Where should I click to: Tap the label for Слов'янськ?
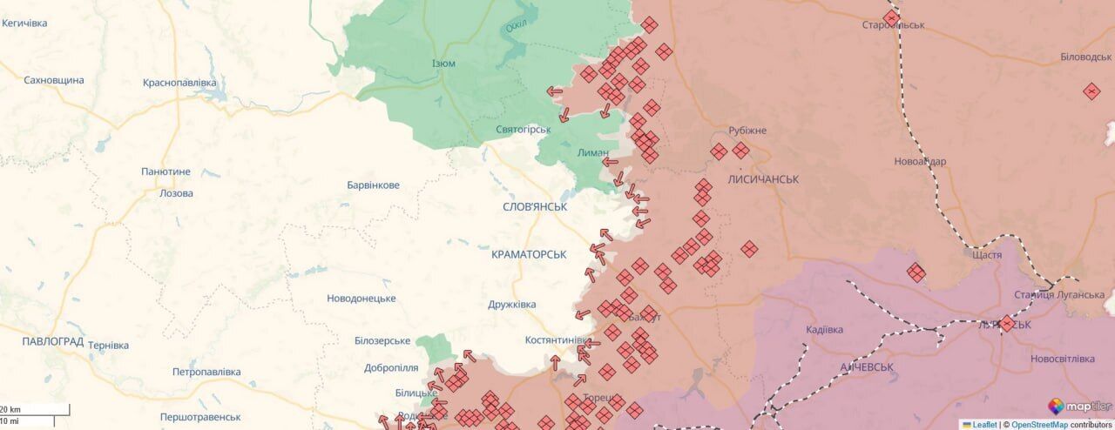pyautogui.click(x=535, y=207)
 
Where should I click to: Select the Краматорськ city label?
pyautogui.click(x=529, y=254)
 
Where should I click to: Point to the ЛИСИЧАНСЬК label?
pyautogui.click(x=763, y=178)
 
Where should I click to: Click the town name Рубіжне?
pyautogui.click(x=747, y=131)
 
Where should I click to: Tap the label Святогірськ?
pyautogui.click(x=524, y=130)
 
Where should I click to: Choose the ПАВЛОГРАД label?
pyautogui.click(x=52, y=341)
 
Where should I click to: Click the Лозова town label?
pyautogui.click(x=176, y=193)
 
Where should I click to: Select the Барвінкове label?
pyautogui.click(x=373, y=185)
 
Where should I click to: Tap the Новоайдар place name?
pyautogui.click(x=919, y=161)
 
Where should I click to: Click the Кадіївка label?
pyautogui.click(x=824, y=330)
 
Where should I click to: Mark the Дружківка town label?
pyautogui.click(x=511, y=304)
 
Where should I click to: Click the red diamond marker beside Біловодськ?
pyautogui.click(x=1091, y=91)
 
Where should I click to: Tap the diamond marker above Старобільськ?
pyautogui.click(x=891, y=17)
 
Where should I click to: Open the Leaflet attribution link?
pyautogui.click(x=984, y=425)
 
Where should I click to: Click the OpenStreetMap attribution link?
pyautogui.click(x=1039, y=425)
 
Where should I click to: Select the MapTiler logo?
pyautogui.click(x=1079, y=406)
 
